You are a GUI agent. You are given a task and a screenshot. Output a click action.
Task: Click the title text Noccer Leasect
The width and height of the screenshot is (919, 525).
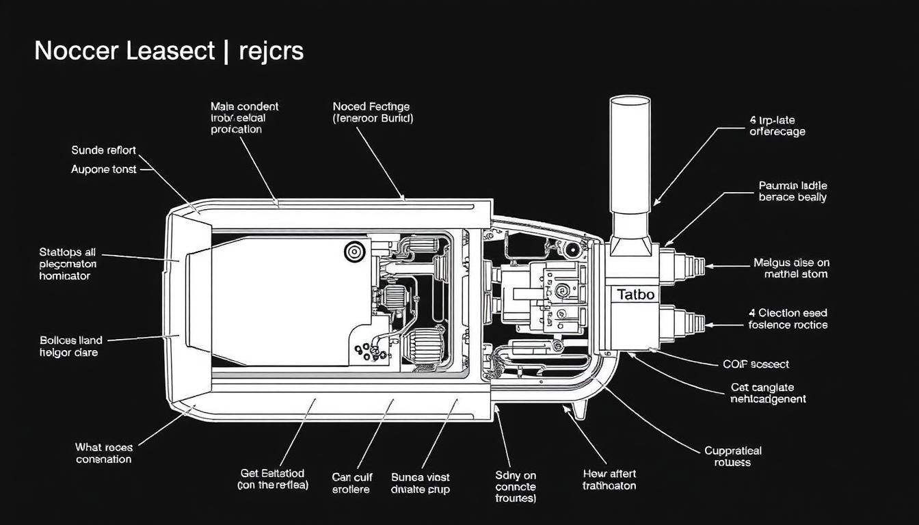124,51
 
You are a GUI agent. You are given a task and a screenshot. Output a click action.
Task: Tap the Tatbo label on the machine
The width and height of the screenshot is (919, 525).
635,295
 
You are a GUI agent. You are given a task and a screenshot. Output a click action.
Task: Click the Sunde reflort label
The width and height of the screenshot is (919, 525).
104,150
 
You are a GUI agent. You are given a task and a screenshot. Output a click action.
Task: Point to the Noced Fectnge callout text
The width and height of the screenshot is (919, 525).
371,112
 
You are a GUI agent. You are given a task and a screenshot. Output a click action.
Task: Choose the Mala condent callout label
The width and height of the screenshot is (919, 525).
244,118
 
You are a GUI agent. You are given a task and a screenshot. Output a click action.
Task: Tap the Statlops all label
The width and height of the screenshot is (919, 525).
68,264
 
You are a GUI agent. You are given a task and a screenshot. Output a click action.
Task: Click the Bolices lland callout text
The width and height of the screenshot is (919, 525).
71,346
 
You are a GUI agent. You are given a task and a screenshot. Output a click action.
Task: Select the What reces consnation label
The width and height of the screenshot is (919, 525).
103,453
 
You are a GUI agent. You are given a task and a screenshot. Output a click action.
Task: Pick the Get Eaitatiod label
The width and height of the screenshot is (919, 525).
273,479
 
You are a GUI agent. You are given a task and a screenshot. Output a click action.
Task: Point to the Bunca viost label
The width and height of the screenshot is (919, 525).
420,483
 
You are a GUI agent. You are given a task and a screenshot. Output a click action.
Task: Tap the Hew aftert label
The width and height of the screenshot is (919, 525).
609,479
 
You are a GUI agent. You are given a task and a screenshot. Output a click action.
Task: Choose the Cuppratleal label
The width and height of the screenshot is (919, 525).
733,457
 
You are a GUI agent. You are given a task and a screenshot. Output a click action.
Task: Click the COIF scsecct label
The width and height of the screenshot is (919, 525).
756,364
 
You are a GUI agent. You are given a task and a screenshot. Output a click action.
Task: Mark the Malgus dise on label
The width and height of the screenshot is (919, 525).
790,268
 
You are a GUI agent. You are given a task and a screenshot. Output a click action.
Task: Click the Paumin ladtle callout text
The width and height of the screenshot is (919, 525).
793,191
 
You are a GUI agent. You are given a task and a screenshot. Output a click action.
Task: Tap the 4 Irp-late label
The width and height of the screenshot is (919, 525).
777,126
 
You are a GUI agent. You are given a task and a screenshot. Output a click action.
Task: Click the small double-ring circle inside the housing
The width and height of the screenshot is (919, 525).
355,252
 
